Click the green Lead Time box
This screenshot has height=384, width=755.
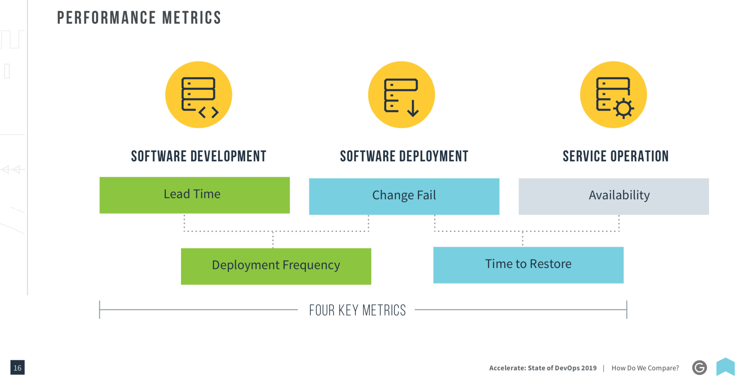195,195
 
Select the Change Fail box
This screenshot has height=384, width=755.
404,196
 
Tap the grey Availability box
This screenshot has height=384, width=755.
614,196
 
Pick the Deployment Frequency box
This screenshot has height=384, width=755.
276,266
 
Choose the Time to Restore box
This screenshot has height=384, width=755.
528,265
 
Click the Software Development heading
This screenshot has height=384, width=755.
199,156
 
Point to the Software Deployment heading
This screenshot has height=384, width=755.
404,156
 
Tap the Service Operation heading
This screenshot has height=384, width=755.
616,156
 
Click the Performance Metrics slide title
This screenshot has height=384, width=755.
139,18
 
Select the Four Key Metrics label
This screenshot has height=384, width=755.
358,310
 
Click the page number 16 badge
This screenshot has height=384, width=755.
18,367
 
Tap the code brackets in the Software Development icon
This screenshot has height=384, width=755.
209,112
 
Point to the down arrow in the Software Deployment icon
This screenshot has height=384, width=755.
413,109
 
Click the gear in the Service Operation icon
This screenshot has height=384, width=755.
624,109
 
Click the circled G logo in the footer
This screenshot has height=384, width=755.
700,368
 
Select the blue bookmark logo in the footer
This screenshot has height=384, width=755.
725,367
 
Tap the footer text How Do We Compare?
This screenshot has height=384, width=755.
645,368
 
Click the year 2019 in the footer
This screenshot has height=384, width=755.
589,368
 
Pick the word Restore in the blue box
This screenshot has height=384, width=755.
551,264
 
